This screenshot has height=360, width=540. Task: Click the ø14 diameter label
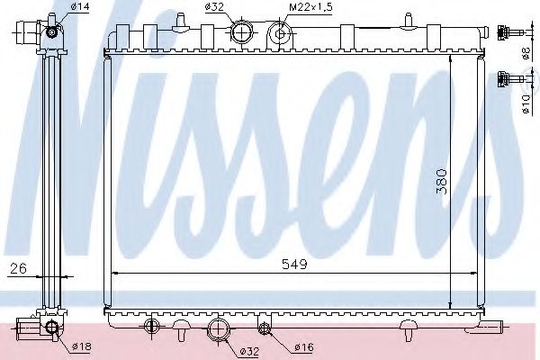click(79, 8)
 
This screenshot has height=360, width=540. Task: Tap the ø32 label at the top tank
click(214, 8)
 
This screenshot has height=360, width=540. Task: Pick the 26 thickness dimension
click(17, 267)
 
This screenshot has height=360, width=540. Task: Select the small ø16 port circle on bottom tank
click(264, 326)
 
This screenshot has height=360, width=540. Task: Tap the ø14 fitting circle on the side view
click(52, 33)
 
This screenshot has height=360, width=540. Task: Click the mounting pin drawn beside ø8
click(509, 33)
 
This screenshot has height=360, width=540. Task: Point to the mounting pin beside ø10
click(509, 77)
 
